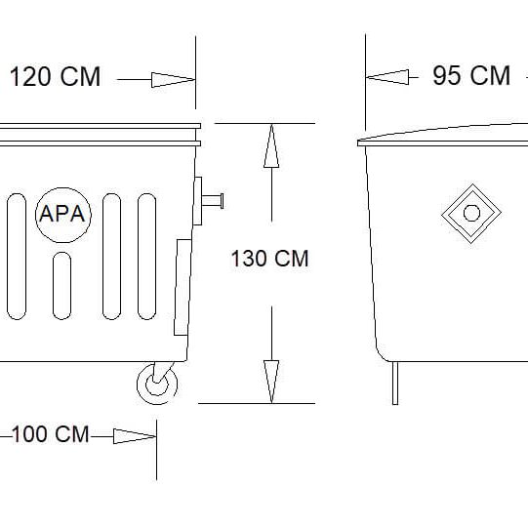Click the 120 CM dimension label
tap(56, 77)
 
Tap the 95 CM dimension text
tap(471, 75)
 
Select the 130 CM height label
tap(269, 259)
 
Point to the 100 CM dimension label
tap(51, 434)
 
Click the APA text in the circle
tap(61, 214)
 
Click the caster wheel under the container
tap(157, 384)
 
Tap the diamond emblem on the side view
tap(471, 214)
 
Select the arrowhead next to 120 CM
tap(173, 80)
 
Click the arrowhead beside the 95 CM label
tap(387, 77)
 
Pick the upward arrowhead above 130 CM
tap(271, 145)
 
